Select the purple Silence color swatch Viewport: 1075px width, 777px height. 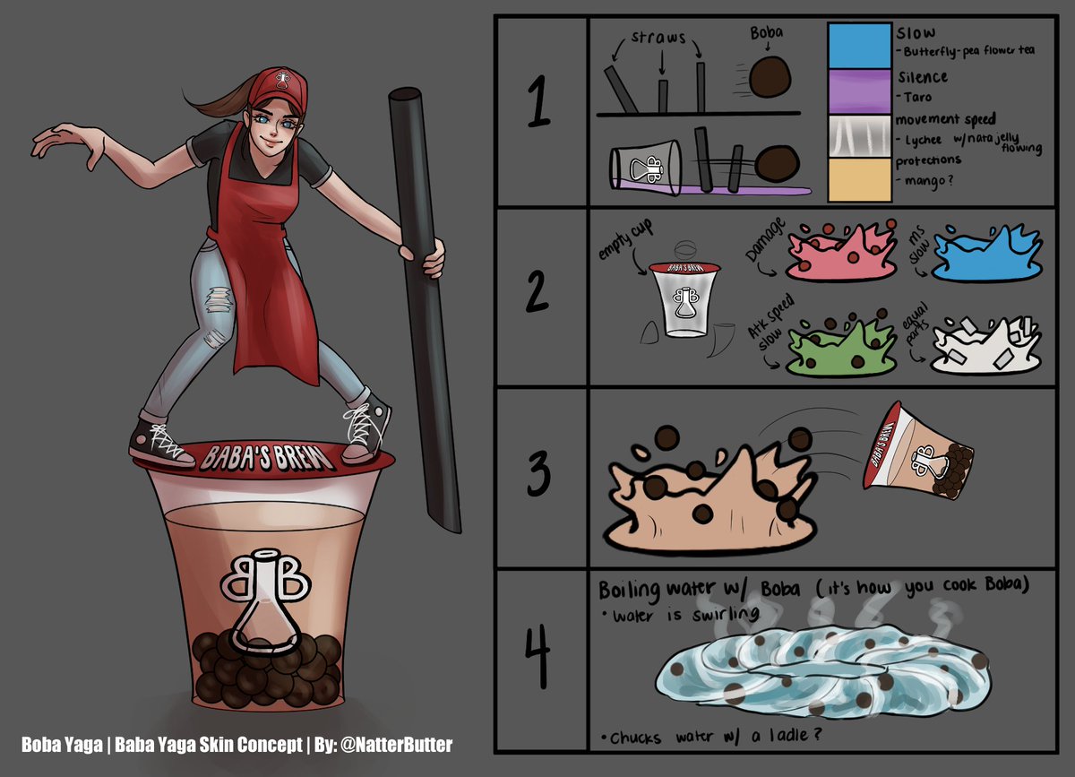(x=860, y=93)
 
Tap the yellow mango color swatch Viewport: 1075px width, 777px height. (x=860, y=179)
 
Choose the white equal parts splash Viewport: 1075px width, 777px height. (x=985, y=350)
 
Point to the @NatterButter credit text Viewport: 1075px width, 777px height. (x=407, y=744)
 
